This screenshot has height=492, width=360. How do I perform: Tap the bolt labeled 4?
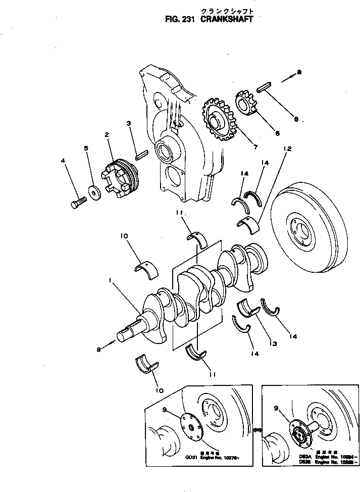coord(76,203)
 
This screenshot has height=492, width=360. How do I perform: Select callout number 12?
coord(287,149)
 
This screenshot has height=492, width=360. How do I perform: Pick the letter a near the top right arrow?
coord(299,72)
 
